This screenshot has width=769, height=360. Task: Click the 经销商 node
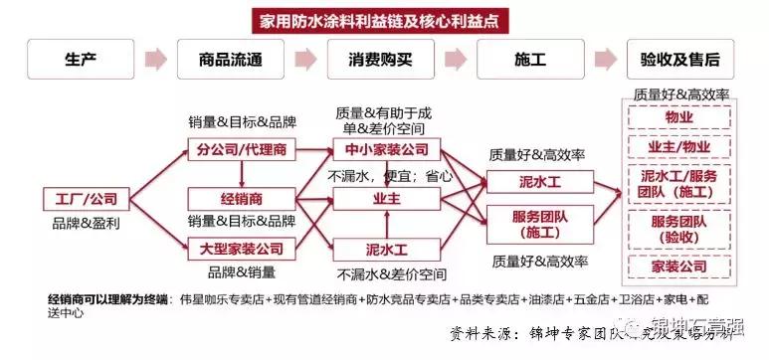point(236,199)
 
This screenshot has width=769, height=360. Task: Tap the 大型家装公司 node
point(236,248)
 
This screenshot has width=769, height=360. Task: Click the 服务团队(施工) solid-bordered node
point(531,223)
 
